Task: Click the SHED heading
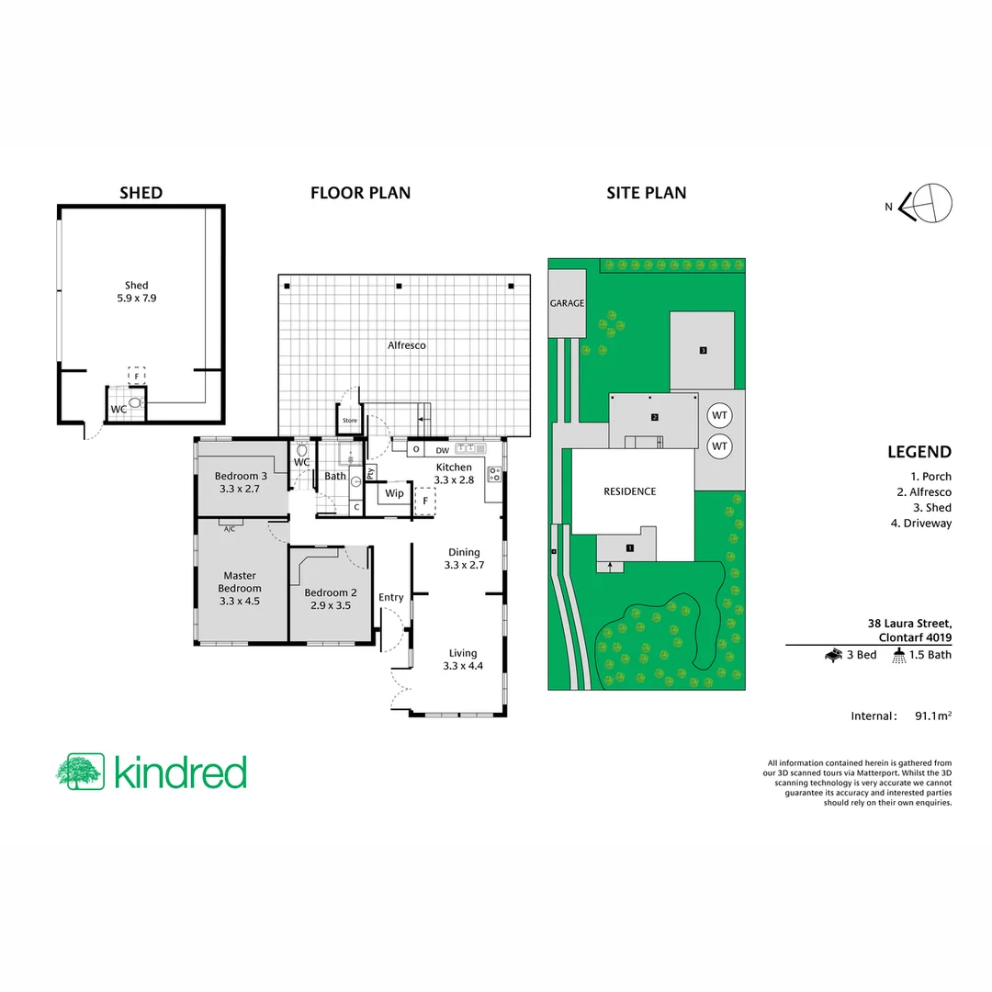141,193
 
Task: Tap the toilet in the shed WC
137,402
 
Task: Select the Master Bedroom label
239,589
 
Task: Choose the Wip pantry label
394,493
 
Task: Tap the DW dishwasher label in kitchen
442,450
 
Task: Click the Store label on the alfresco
349,422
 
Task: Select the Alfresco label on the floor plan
406,345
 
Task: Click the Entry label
391,597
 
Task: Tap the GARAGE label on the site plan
567,303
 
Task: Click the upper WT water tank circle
719,415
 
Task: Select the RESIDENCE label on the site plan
629,491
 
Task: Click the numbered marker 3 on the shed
703,350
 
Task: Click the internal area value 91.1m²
932,716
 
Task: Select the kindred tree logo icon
80,772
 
